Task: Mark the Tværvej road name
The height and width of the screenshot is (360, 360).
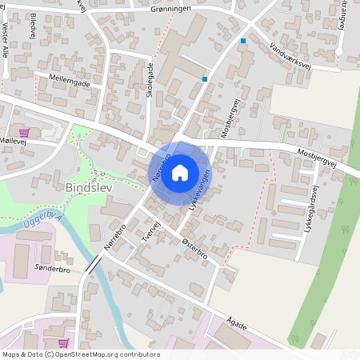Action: (154, 230)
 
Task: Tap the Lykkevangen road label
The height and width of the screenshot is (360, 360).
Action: (201, 190)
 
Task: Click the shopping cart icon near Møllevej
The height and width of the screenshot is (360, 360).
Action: (24, 133)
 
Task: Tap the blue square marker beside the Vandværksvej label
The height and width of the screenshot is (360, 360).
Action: (243, 40)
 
